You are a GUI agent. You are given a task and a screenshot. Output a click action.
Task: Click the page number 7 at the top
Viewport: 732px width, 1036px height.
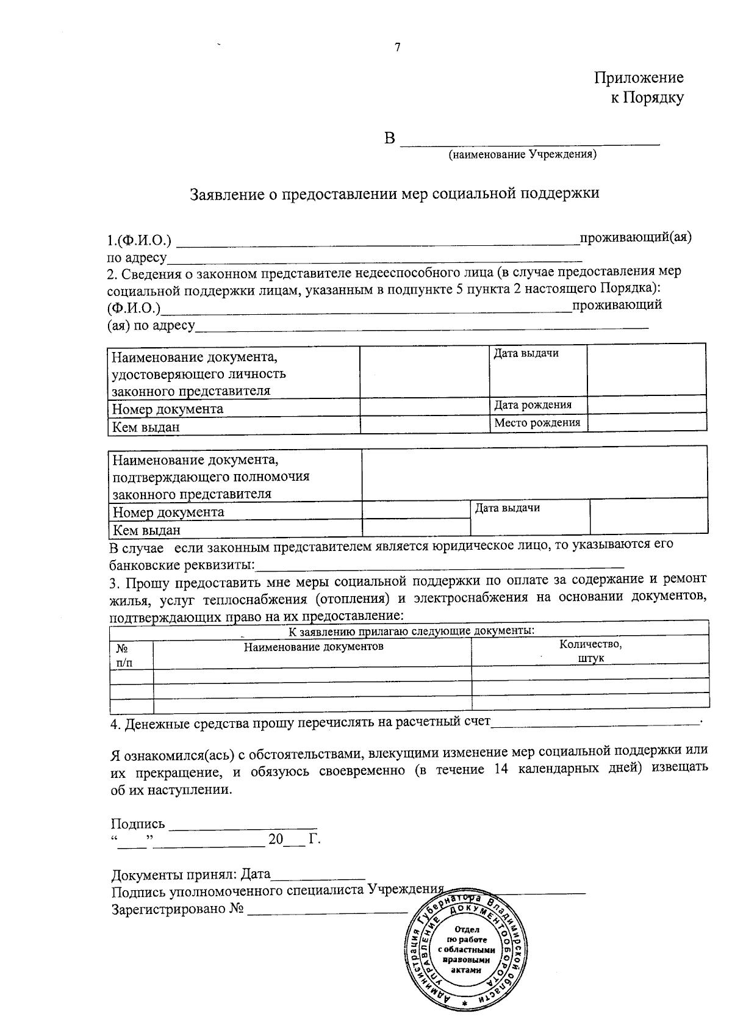click(x=398, y=48)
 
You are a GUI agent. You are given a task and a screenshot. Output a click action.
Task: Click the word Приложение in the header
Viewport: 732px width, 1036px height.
click(x=639, y=77)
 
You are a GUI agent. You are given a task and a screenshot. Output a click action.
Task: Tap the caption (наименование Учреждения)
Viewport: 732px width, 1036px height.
click(x=522, y=155)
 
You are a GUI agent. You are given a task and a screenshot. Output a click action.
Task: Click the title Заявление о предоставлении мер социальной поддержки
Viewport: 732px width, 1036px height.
click(x=395, y=193)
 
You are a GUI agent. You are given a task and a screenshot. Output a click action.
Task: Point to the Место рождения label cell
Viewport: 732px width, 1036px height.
click(x=537, y=423)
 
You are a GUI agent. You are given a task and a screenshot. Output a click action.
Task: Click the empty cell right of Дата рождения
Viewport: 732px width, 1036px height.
click(x=647, y=405)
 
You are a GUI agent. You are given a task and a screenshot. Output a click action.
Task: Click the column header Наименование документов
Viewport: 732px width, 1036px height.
click(x=314, y=647)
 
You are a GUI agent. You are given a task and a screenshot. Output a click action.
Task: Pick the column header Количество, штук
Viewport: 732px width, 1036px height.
click(x=590, y=652)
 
